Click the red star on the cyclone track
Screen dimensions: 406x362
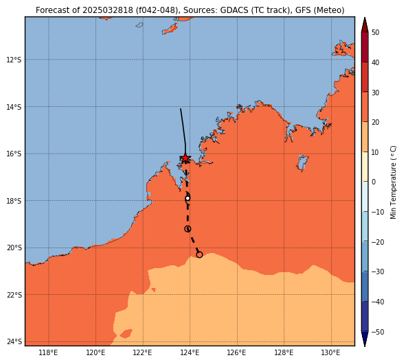(185, 158)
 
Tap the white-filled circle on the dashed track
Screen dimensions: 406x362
(188, 198)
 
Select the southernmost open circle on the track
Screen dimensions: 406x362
(199, 254)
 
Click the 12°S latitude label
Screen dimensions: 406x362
(14, 60)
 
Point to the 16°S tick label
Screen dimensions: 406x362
(14, 154)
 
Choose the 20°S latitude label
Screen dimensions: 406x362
(14, 248)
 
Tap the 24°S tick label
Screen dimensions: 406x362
(14, 341)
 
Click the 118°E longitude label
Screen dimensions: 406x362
(48, 352)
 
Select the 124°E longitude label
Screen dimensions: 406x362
(190, 352)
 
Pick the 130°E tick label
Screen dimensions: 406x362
(330, 352)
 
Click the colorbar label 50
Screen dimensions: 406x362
(376, 32)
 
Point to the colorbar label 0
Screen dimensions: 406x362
(374, 182)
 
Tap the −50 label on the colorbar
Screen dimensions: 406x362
(378, 332)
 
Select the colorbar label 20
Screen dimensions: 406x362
(376, 122)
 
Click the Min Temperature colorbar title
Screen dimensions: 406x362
(393, 182)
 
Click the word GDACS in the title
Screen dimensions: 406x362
(232, 10)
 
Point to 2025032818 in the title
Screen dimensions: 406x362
(108, 10)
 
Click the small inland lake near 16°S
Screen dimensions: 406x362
(302, 162)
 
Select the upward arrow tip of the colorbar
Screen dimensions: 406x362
(365, 17)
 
